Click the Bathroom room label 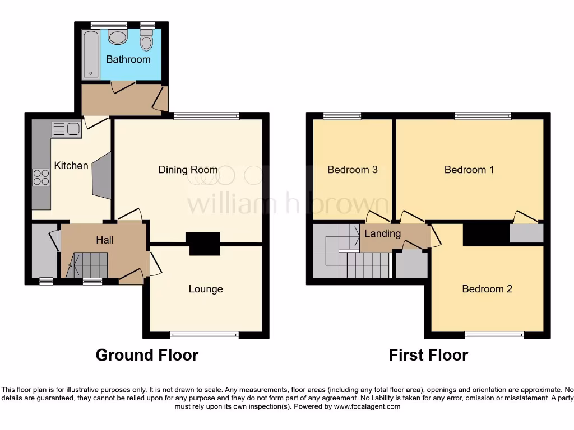coord(128,59)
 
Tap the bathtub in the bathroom coord(90,55)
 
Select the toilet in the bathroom coord(146,40)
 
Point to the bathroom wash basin coord(117,37)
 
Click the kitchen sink coord(67,129)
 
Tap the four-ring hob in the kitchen coord(41,177)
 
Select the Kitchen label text coord(71,165)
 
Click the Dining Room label coord(188,170)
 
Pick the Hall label coord(105,240)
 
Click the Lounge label coord(206,289)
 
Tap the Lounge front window coord(205,335)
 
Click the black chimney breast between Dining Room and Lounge coord(203,244)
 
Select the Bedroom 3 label coord(352,170)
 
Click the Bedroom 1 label coord(469,170)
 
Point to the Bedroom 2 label coord(487,289)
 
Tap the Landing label coord(383,233)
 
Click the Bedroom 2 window coord(494,335)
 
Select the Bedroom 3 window coord(342,116)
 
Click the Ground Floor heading coord(147,355)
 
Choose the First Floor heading coord(428,355)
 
